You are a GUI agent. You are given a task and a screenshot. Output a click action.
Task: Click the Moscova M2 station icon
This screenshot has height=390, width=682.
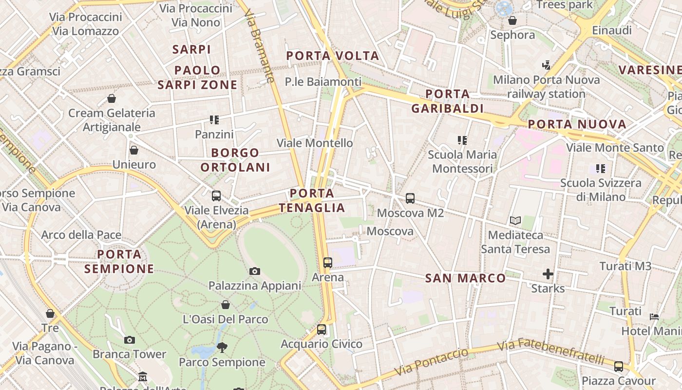pos(410,198)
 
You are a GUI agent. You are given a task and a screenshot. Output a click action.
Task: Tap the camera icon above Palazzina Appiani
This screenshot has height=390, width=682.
pos(254,271)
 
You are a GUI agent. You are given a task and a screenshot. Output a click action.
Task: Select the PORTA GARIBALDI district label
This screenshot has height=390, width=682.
pos(447,101)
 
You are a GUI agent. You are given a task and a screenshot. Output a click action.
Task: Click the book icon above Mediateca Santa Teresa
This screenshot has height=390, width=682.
pos(515,221)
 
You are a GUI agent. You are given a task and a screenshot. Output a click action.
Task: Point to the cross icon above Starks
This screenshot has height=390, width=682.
pos(548,274)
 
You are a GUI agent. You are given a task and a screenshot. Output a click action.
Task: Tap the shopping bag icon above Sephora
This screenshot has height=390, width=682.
pos(512,20)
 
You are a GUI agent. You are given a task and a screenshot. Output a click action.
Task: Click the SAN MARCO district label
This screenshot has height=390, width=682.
pos(465,278)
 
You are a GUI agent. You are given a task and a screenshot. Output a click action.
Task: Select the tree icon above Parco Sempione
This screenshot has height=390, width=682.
pos(222,348)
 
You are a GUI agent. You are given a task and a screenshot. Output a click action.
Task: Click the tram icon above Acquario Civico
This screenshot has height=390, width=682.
pos(321,330)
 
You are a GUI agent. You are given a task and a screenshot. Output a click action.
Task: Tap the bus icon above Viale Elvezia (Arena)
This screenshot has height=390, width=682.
pos(216,196)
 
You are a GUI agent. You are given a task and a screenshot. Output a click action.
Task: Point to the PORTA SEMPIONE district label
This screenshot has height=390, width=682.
pos(119,261)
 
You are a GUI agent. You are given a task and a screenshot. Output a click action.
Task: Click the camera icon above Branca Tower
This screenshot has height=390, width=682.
pos(129,340)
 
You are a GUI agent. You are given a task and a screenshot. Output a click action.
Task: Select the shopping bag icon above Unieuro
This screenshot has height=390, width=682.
pos(134,150)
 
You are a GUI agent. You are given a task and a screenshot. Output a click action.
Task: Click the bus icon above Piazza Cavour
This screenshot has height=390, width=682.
pos(618,366)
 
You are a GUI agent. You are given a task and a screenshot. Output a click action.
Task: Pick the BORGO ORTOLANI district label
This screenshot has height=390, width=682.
pos(235,160)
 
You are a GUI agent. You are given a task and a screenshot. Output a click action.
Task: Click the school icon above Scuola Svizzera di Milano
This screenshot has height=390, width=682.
pos(601,169)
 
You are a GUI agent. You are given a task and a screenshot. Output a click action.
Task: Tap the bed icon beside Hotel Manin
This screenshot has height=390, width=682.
pos(654,317)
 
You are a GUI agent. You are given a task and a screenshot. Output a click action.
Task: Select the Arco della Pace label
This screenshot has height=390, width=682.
pos(81,235)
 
